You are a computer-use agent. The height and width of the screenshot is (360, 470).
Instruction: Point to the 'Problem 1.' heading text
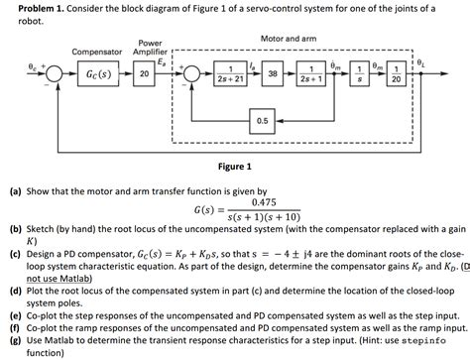(31, 8)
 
